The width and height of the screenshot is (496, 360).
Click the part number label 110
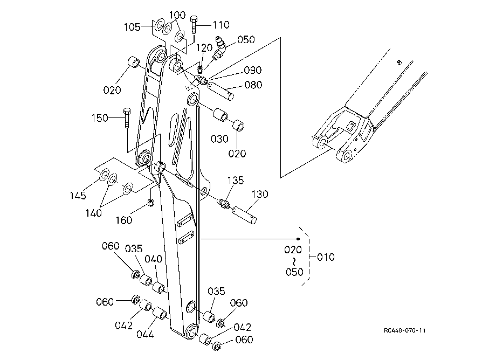coord(221,25)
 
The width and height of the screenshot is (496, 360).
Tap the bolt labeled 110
coord(194,24)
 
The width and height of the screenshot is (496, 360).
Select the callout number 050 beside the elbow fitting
coord(246,40)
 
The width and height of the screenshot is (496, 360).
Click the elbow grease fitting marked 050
coord(219,48)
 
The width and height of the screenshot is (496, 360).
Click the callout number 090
coord(253,70)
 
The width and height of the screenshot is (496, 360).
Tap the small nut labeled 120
coord(199,69)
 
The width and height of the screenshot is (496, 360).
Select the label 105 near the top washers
coord(132,27)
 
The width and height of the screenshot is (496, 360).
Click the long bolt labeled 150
coord(127,118)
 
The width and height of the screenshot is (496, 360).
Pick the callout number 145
coord(78,196)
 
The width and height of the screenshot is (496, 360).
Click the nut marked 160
coord(151,202)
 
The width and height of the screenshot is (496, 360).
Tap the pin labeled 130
coord(244,215)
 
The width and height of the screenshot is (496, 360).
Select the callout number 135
coord(236,181)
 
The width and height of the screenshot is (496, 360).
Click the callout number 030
coord(219,139)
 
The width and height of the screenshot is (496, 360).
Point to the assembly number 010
coord(326,257)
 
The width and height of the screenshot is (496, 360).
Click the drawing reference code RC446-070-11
coord(404,330)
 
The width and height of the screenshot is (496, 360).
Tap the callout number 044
coord(145,334)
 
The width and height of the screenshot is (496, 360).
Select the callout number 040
coord(154,259)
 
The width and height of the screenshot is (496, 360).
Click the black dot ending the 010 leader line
coord(298,239)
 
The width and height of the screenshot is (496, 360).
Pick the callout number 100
coord(177,15)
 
